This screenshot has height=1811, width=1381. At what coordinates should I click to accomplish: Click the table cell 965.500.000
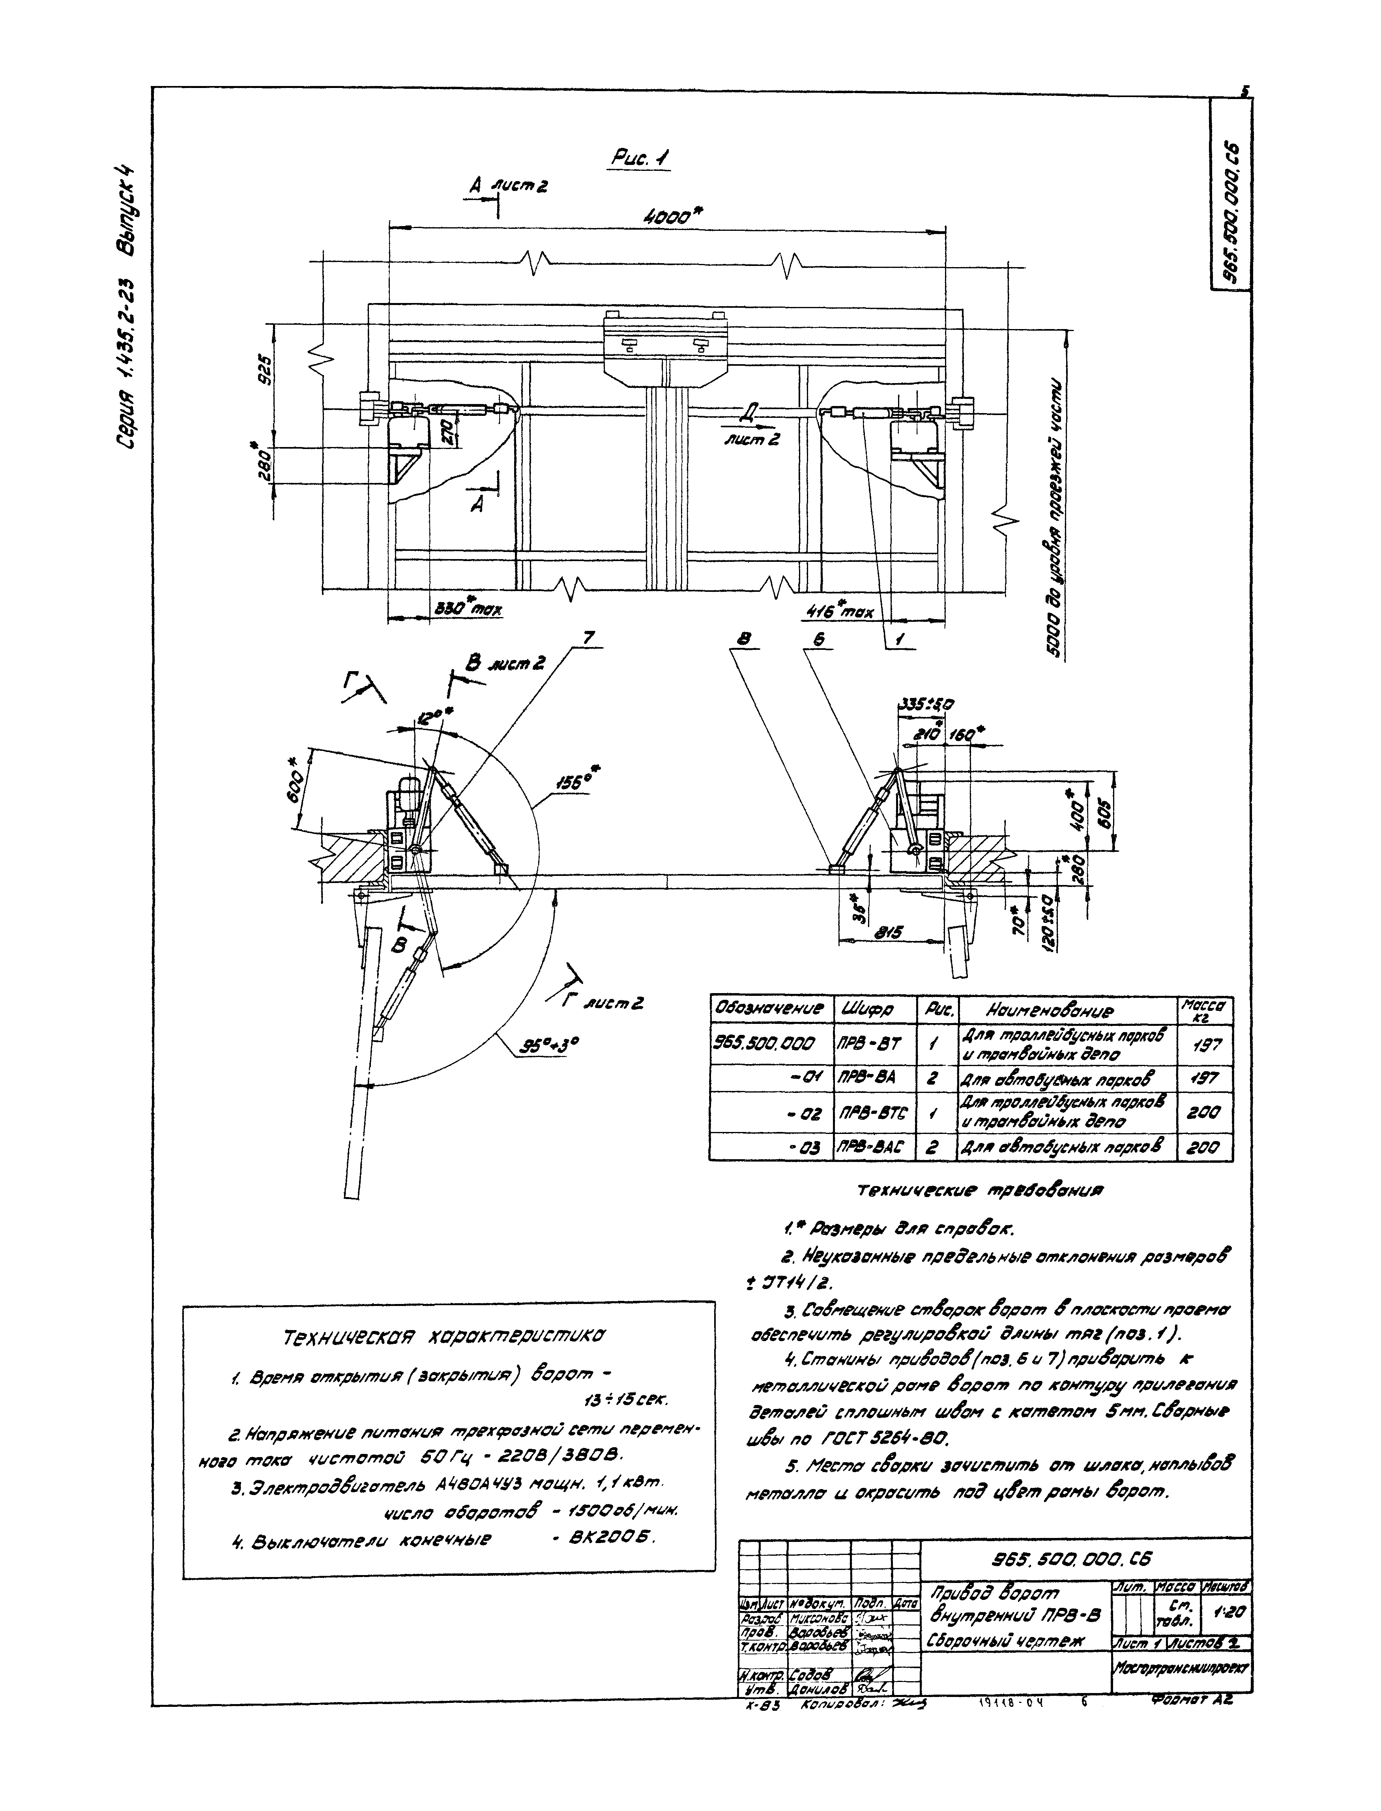coord(769,1044)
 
